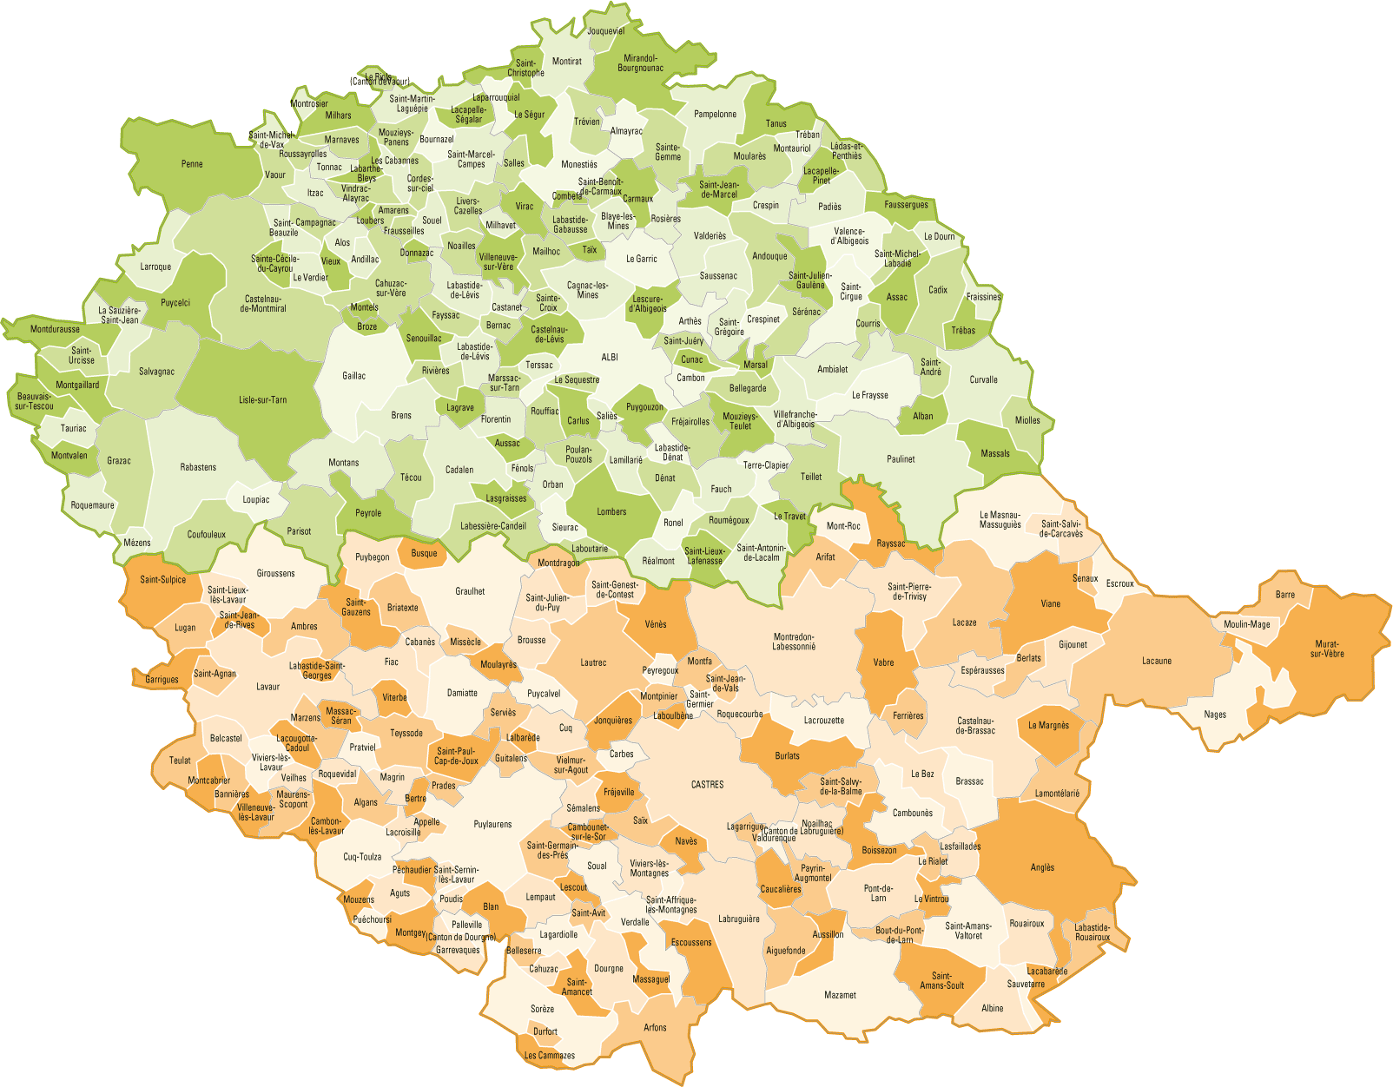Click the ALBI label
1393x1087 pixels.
(x=610, y=357)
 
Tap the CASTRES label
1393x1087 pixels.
(x=707, y=784)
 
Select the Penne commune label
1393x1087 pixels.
(x=192, y=164)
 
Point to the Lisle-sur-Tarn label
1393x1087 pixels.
(x=262, y=400)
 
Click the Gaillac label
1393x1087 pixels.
(x=353, y=376)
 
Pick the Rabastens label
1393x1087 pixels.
(x=198, y=467)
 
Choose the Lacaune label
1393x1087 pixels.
(x=1156, y=661)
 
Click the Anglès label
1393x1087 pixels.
(x=1042, y=867)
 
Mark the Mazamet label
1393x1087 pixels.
(x=840, y=995)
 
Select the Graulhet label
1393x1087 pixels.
(x=470, y=591)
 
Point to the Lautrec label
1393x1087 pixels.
(x=593, y=662)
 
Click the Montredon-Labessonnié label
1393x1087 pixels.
(x=793, y=642)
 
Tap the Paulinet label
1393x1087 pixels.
(x=901, y=458)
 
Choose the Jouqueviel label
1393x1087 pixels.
(x=605, y=31)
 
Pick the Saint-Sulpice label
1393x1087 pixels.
(x=162, y=579)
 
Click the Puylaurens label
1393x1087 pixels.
(x=492, y=824)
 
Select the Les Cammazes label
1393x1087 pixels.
(x=549, y=1056)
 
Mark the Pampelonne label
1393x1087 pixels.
(x=715, y=114)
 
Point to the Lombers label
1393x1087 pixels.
(x=611, y=511)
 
